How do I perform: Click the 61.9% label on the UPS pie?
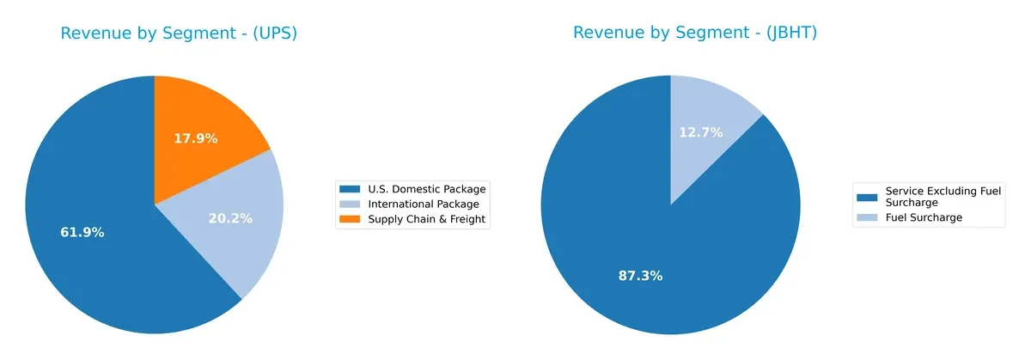82,233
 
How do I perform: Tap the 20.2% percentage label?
230,218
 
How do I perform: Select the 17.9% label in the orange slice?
196,137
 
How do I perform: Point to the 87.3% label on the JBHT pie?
640,276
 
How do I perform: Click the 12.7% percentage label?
701,132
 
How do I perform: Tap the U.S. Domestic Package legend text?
427,189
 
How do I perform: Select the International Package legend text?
424,204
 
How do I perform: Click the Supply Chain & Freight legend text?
427,220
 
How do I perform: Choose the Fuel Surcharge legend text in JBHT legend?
924,218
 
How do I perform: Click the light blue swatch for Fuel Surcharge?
868,218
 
